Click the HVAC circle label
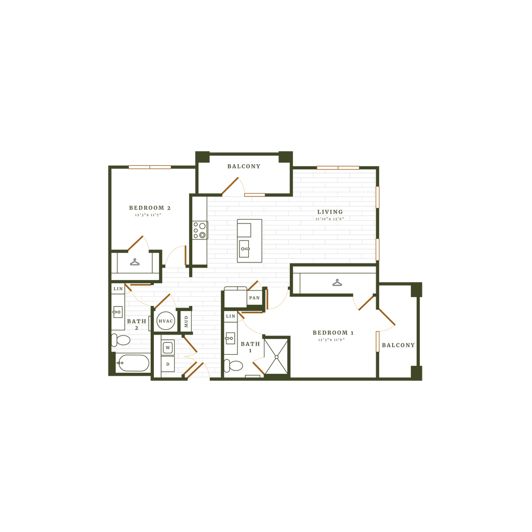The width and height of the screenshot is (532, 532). (165, 321)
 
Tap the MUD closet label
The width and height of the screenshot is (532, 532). (185, 321)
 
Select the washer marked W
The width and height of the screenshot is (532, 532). (168, 347)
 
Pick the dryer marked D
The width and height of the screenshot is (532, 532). (168, 364)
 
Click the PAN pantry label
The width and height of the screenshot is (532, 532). (254, 298)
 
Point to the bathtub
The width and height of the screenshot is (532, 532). (132, 363)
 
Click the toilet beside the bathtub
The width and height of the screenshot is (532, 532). (122, 340)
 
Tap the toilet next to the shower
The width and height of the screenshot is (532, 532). (235, 366)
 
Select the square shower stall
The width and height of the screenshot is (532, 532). (275, 356)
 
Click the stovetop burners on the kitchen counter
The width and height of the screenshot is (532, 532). (199, 230)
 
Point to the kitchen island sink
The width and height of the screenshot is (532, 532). (245, 249)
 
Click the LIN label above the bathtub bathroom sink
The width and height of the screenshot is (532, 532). (118, 288)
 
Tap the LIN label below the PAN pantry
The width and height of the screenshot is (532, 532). (231, 316)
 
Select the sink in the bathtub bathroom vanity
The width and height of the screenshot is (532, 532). (117, 313)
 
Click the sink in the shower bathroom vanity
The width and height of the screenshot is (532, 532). (230, 338)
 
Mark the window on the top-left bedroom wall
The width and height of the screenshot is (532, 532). (150, 167)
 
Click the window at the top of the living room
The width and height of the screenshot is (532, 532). (338, 168)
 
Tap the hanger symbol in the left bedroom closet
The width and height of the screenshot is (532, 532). (135, 262)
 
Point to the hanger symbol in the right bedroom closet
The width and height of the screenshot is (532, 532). (337, 283)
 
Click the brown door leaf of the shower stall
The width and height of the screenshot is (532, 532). (257, 366)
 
